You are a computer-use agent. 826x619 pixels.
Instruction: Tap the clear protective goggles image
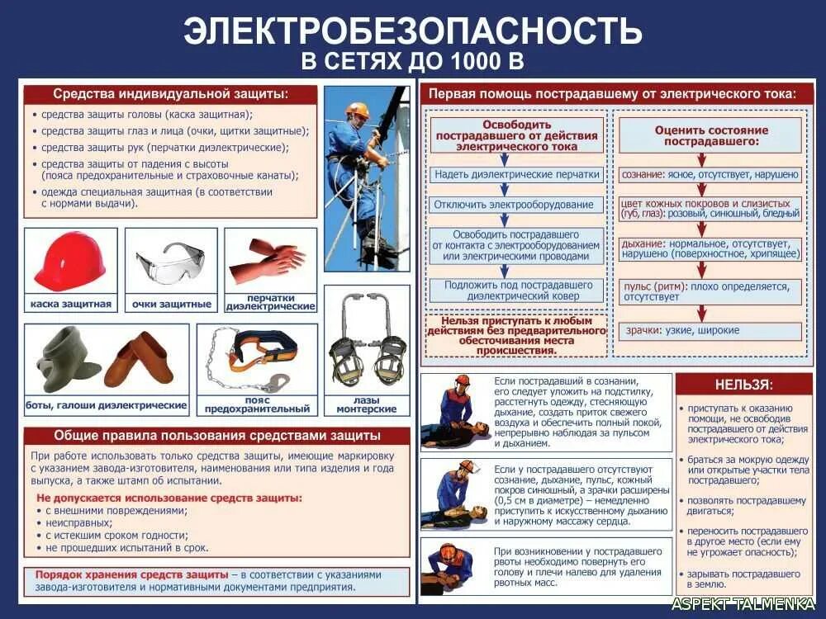[171, 262]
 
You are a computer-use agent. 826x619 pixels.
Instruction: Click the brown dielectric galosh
[140, 359]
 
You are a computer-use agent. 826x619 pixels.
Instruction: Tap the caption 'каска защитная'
[71, 305]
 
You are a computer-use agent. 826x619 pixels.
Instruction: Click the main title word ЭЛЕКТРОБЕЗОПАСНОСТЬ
[412, 31]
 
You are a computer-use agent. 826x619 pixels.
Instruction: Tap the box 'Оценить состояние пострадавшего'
[711, 135]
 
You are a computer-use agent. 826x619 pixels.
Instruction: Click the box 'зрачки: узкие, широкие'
[711, 331]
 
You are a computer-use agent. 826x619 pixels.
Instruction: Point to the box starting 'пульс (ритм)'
[711, 291]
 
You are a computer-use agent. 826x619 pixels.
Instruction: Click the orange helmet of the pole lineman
[358, 110]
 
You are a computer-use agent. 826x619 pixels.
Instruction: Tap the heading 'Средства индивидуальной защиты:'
[170, 94]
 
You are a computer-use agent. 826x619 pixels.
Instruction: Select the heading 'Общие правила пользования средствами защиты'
[216, 435]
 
